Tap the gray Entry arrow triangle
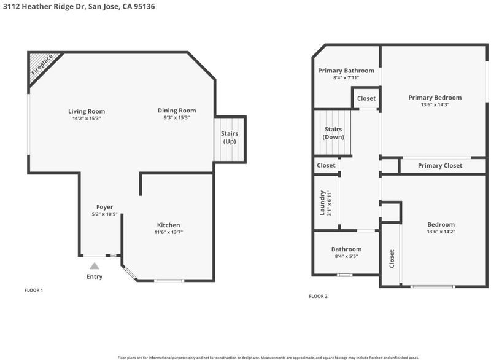point(95,266)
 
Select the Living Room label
point(87,111)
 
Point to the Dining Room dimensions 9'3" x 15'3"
point(177,118)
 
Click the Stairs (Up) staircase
point(229,139)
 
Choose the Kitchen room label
point(168,225)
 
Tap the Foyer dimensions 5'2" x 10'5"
point(104,214)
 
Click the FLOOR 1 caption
point(34,291)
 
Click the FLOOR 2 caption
point(318,296)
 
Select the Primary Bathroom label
point(346,71)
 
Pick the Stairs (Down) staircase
point(332,132)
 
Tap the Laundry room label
point(322,203)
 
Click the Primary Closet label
point(440,166)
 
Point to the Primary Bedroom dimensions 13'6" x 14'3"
point(435,105)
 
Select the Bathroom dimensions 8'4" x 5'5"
point(346,256)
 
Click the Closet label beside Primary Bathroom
point(366,98)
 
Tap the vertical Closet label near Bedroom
point(392,259)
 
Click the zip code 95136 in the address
point(144,7)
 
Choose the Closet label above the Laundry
point(326,165)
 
